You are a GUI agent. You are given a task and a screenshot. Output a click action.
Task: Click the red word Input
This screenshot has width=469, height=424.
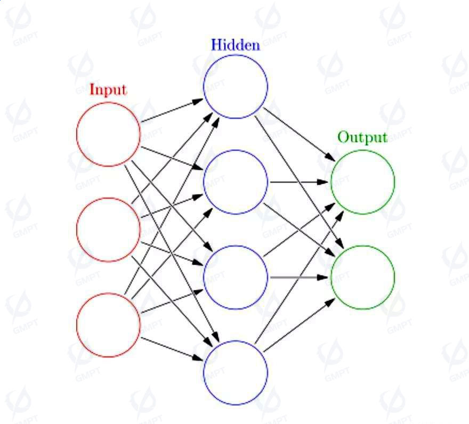[x=108, y=89]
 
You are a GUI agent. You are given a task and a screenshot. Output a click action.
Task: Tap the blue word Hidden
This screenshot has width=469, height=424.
[x=236, y=45]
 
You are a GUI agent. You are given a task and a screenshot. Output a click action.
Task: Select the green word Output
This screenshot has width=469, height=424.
[x=362, y=137]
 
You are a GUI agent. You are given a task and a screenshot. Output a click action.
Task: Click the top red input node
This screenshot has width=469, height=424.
[x=77, y=134]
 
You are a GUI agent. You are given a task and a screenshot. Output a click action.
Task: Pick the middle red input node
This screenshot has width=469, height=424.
[x=77, y=230]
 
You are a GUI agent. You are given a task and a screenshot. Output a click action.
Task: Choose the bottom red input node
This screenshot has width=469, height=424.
[x=77, y=325]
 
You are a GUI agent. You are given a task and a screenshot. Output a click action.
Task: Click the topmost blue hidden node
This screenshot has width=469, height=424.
[x=204, y=87]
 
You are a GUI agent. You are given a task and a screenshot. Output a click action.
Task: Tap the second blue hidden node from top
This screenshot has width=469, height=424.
[x=204, y=182]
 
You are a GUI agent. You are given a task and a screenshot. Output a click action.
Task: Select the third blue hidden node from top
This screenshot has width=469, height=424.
[x=204, y=278]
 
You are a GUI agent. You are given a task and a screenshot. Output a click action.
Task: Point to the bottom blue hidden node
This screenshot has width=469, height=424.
[x=204, y=373]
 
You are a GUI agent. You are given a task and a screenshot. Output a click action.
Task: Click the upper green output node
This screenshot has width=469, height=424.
[x=331, y=182]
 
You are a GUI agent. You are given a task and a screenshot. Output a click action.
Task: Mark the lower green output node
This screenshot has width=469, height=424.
[x=331, y=278]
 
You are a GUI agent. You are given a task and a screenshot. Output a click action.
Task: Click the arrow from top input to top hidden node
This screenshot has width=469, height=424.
[x=172, y=110]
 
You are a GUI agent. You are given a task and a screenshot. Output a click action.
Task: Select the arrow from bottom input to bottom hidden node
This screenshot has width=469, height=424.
[x=172, y=349]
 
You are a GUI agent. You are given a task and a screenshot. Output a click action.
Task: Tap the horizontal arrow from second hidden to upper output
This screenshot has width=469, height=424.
[x=299, y=182]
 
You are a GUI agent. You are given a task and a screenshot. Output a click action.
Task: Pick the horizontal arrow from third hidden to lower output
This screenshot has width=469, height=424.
[x=299, y=278]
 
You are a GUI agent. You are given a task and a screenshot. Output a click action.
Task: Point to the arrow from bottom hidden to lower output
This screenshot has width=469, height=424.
[x=299, y=325]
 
